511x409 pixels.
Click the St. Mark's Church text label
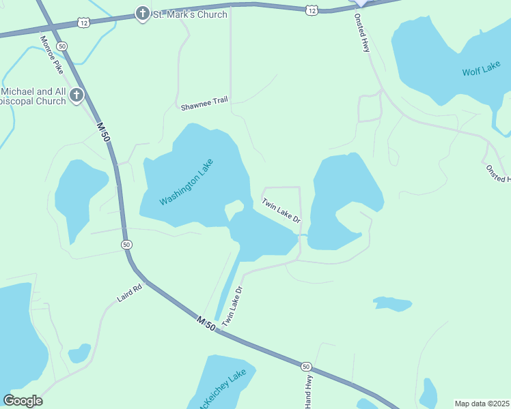190,14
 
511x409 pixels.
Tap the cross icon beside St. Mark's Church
142,13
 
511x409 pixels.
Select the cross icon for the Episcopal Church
77,95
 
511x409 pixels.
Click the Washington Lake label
187,182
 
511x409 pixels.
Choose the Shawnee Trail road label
204,106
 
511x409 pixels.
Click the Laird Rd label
128,294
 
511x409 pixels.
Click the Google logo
23,401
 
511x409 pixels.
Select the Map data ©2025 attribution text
482,403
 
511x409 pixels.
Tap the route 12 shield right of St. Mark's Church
312,10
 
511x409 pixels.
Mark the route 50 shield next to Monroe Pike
62,46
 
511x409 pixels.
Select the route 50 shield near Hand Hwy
305,367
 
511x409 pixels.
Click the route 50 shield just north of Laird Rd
126,244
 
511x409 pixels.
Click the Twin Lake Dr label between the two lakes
281,210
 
